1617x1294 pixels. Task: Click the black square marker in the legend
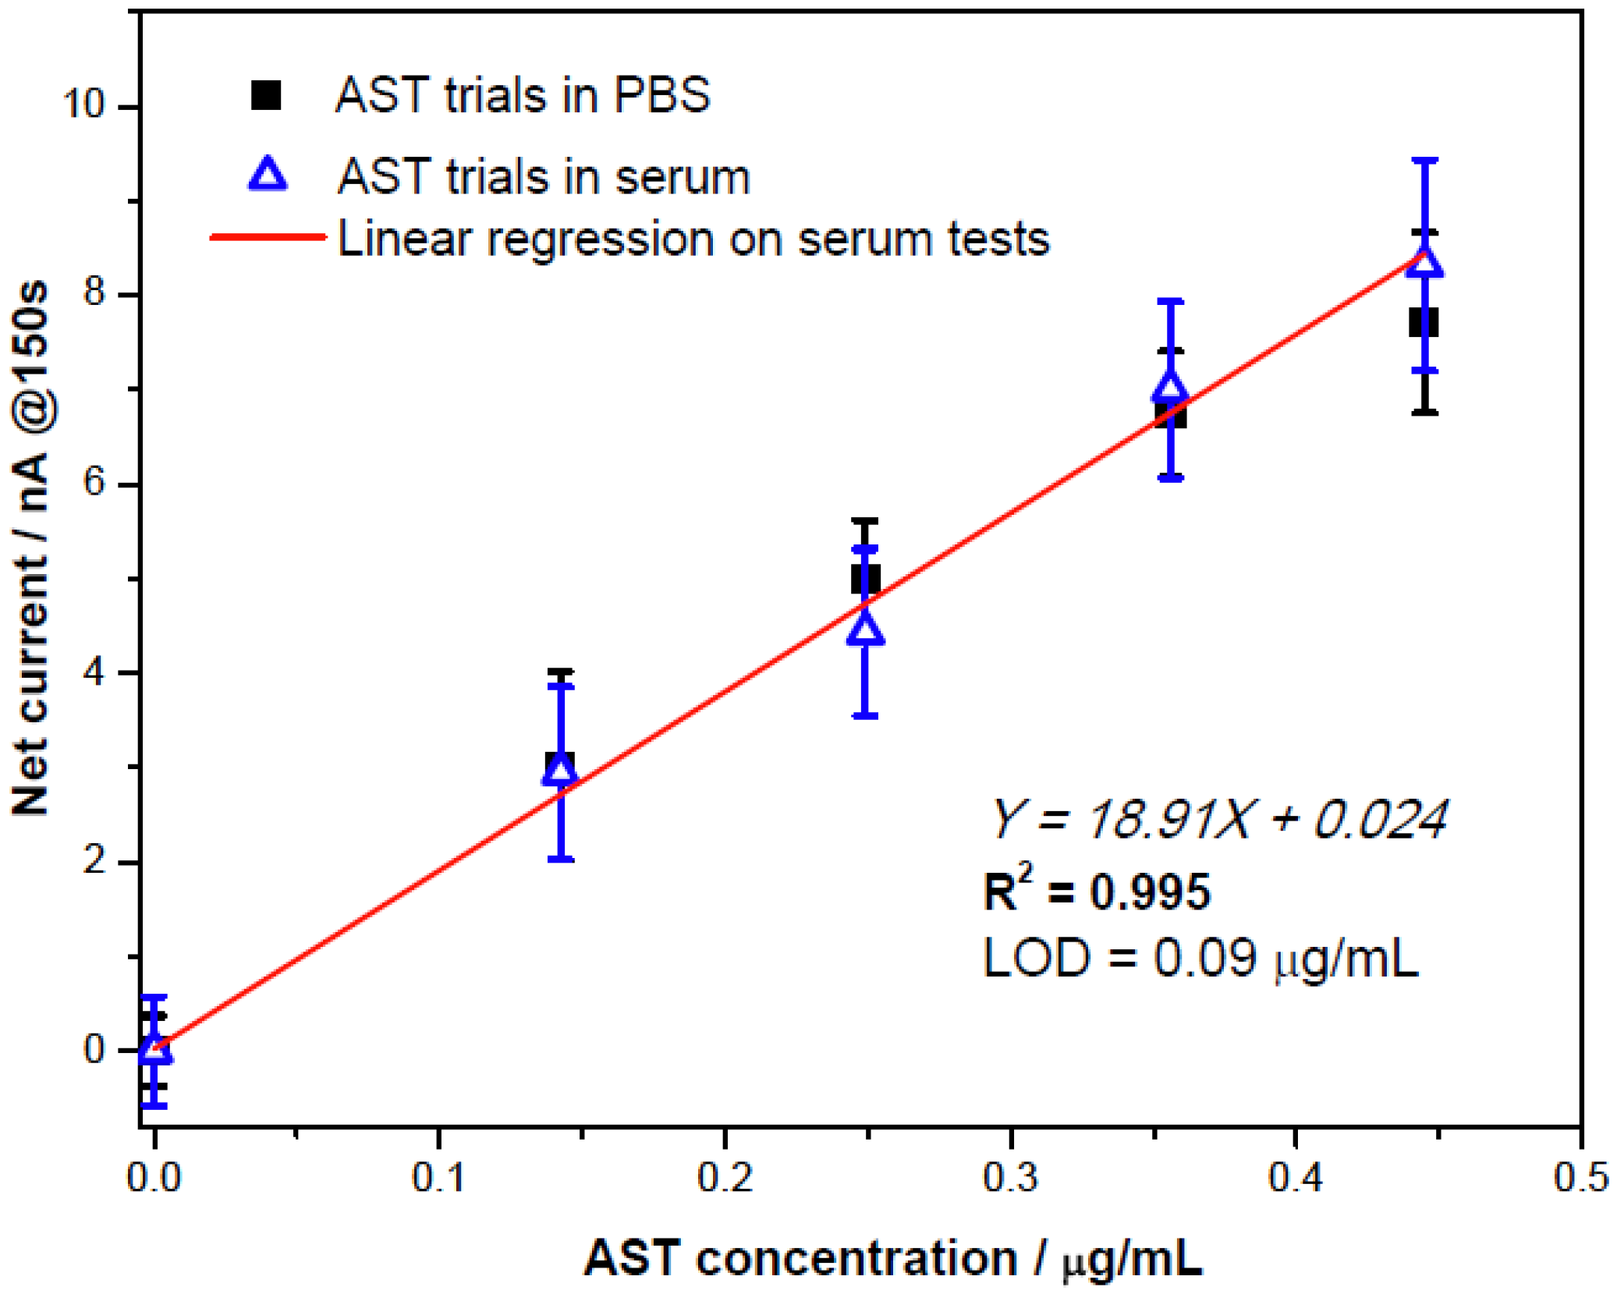(266, 95)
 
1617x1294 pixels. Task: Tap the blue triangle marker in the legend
(268, 175)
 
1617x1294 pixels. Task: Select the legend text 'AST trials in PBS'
(523, 95)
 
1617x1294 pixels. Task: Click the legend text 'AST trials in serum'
(544, 176)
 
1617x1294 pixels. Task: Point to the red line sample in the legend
(268, 236)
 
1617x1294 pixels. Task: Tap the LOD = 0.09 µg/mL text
(1200, 959)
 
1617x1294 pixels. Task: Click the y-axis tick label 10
(83, 103)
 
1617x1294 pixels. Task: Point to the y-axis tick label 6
(94, 483)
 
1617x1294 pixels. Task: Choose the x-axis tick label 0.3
(1010, 1177)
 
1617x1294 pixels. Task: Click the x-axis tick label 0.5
(1580, 1177)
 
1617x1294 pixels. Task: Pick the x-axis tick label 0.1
(439, 1177)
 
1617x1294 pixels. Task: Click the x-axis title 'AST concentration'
(801, 1258)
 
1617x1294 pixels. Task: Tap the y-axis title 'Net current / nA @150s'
(31, 548)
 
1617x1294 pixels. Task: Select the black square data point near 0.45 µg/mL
(1424, 323)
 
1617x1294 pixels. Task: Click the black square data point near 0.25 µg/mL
(865, 580)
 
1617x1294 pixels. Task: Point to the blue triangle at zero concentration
(155, 1048)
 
